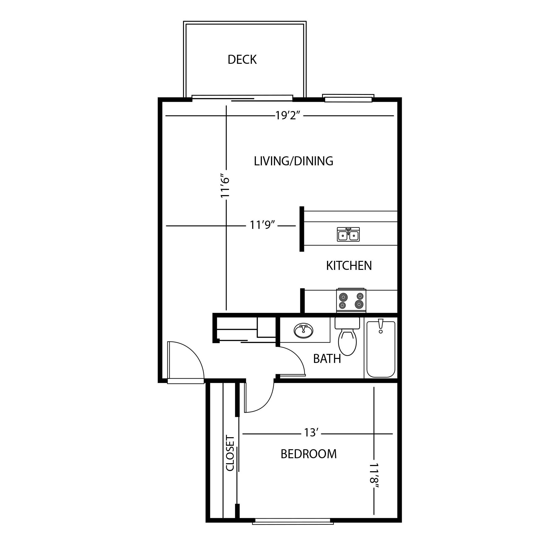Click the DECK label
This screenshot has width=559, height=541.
click(x=242, y=59)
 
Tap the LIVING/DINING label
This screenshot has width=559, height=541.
click(x=293, y=161)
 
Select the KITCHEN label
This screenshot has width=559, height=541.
click(x=349, y=266)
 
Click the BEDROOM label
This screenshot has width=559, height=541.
click(x=308, y=454)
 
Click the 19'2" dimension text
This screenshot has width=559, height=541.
click(x=288, y=116)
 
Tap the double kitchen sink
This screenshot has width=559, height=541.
click(x=348, y=234)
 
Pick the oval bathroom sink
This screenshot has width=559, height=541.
click(x=303, y=331)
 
